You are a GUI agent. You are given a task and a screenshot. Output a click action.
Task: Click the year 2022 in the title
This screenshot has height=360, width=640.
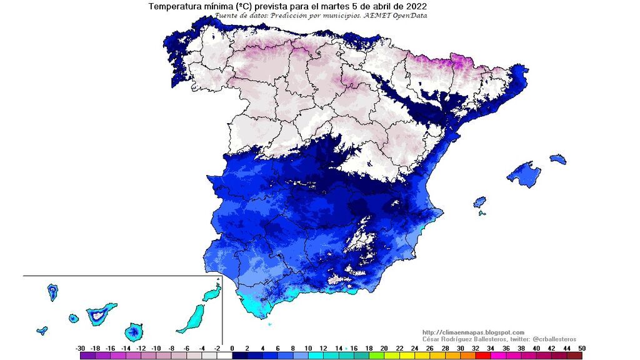tap(414, 6)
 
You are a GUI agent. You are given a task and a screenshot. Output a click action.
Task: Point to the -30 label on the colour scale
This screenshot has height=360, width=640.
tap(80, 348)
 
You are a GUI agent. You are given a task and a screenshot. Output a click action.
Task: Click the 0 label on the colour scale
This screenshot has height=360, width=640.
tap(232, 348)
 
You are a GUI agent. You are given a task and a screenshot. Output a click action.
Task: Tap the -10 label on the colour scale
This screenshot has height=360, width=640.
tap(156, 348)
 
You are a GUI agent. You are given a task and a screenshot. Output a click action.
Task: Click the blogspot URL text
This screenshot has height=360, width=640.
tap(473, 332)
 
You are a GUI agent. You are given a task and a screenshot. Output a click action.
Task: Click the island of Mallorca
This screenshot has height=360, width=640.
tap(524, 174)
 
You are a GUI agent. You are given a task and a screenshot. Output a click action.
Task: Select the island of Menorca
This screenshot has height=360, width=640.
tap(558, 159)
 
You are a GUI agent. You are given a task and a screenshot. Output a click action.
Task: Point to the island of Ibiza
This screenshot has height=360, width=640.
tap(479, 202)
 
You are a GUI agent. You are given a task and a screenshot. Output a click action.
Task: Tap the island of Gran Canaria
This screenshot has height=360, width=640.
tap(133, 330)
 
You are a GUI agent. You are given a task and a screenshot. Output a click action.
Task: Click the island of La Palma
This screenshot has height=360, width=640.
tap(52, 291)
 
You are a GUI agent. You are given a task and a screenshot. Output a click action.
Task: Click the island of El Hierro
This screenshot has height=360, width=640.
tap(42, 330)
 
